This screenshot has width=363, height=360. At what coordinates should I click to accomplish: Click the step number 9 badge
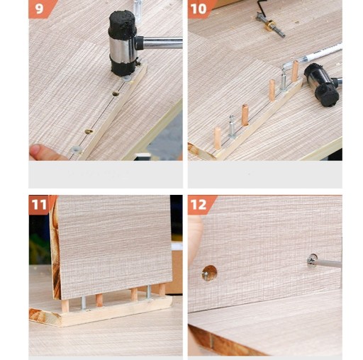coord(40,9)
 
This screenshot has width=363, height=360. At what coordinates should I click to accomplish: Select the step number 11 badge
coord(40,205)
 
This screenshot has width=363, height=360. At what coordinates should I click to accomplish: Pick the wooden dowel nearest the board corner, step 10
coord(218,138)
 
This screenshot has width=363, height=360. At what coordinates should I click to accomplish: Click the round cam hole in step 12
coord(209,273)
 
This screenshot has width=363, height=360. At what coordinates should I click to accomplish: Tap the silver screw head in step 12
coord(312,261)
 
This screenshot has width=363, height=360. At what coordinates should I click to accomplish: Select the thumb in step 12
coord(195,239)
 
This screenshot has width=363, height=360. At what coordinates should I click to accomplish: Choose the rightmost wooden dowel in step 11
coord(162,290)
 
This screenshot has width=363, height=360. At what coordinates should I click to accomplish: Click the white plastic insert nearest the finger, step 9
coord(76,150)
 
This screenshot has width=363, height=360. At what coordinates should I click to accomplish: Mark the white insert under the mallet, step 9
coord(127,79)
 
